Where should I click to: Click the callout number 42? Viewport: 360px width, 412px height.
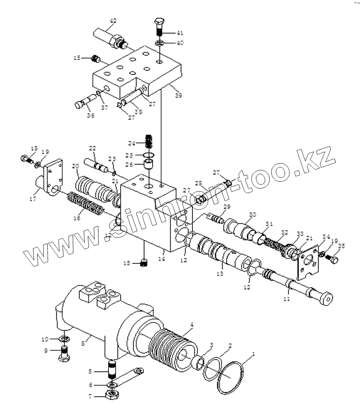tap(113, 21)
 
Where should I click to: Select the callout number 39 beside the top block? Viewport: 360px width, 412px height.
tap(178, 95)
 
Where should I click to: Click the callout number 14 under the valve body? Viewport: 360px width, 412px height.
tap(162, 259)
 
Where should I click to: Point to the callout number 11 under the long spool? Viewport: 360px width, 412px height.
tap(287, 298)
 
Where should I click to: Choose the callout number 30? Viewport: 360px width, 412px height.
tap(253, 214)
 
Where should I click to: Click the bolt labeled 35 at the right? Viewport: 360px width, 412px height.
tap(333, 259)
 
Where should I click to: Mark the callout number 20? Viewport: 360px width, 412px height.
tap(75, 166)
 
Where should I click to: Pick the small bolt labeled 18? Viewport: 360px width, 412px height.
tap(26, 158)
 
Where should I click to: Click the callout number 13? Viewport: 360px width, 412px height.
tap(220, 273)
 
